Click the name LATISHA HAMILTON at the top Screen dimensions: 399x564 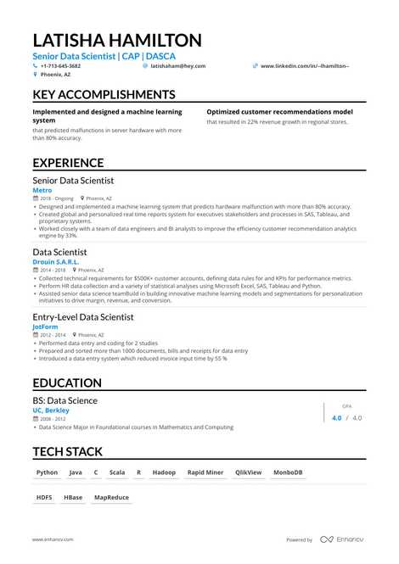pos(117,40)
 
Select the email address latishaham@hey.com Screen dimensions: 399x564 pos(174,65)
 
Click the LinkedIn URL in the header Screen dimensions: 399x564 pos(304,65)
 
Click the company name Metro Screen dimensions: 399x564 pos(42,191)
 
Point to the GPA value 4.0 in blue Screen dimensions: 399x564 pos(336,417)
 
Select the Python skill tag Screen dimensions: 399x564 pos(48,472)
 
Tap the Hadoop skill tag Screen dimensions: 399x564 pos(164,472)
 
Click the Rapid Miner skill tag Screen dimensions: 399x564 pos(205,472)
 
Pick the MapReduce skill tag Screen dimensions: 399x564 pos(111,498)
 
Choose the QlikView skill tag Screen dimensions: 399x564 pos(249,472)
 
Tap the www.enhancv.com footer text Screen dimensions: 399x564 pos(53,539)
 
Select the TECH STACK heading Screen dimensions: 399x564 pos(67,451)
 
